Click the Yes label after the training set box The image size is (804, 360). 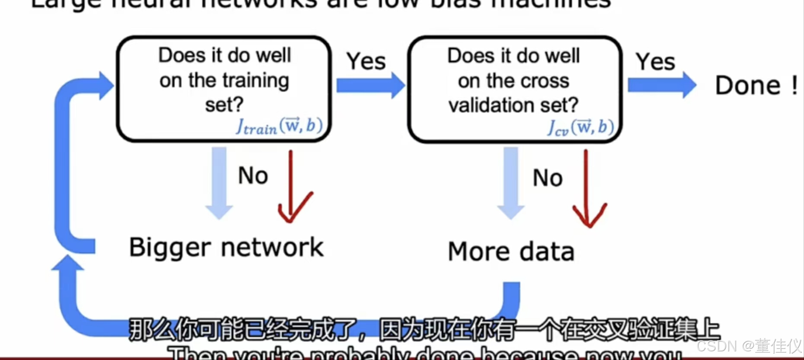[x=366, y=61]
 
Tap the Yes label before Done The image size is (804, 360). [x=655, y=61]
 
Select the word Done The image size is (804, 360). [x=748, y=85]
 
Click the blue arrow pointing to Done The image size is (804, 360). [x=661, y=85]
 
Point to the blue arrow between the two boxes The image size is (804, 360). [x=370, y=85]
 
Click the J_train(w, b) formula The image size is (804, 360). [x=279, y=126]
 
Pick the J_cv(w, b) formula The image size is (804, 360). [x=580, y=127]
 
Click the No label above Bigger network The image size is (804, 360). [x=253, y=176]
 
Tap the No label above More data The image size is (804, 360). [x=547, y=178]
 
